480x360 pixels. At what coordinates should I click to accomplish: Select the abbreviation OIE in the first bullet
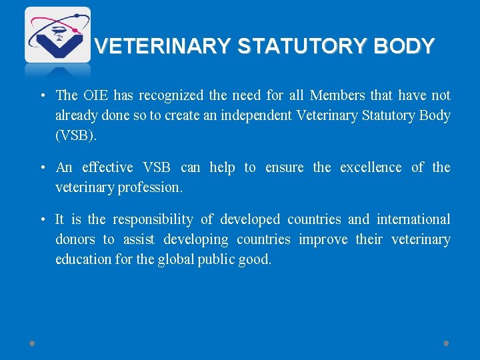coord(95,95)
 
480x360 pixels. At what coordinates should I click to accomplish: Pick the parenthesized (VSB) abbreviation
coord(76,135)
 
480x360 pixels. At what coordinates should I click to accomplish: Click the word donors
coord(75,239)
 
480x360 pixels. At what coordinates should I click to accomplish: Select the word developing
coord(193,239)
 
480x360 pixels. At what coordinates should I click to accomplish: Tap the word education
coord(83,259)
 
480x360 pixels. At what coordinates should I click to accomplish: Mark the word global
coord(175,259)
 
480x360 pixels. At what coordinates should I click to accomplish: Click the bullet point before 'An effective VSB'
coord(41,168)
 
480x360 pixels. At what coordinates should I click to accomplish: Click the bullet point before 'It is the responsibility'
coord(41,220)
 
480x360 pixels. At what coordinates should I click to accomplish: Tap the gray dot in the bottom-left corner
coord(32,343)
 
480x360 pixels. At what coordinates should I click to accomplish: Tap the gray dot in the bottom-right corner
coord(446,343)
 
